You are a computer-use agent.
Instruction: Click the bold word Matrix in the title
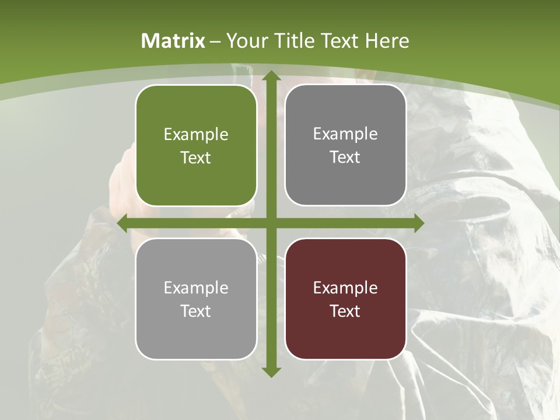173,41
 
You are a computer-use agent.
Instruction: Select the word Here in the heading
387,41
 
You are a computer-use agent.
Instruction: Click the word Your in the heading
244,41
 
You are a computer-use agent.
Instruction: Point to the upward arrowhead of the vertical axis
271,76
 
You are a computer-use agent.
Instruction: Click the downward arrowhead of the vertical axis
271,372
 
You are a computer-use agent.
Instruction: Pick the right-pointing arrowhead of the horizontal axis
418,223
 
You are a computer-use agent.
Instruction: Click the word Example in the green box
196,134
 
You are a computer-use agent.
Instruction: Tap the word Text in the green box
196,157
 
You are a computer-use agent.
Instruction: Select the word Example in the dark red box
345,288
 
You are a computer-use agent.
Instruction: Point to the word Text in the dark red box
345,311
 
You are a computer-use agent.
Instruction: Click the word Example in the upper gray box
345,134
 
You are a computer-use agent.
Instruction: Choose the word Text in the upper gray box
345,157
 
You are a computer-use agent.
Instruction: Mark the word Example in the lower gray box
196,288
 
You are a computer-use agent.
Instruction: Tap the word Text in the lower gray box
196,311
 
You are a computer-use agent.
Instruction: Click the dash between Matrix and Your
215,41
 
